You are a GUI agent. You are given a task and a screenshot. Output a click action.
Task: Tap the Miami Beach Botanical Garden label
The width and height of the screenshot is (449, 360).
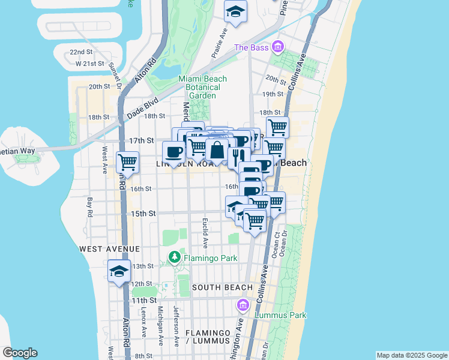(203, 87)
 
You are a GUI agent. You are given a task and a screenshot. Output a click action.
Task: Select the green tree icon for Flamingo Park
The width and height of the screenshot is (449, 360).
(175, 257)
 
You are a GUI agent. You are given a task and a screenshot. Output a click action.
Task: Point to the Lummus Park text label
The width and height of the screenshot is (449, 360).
(280, 315)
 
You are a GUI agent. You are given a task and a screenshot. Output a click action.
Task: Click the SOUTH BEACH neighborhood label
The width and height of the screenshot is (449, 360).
(222, 287)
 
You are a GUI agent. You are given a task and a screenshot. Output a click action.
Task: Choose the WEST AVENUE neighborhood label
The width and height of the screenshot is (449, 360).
(109, 248)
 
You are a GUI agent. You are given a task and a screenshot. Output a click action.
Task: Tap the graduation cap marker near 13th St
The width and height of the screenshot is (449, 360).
(119, 271)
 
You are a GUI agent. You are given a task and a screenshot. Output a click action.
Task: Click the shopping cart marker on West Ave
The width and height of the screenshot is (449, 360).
(128, 161)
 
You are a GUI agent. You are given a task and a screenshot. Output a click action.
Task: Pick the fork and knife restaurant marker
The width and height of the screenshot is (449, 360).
(238, 158)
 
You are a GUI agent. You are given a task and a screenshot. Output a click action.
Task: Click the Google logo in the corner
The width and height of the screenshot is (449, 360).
(20, 353)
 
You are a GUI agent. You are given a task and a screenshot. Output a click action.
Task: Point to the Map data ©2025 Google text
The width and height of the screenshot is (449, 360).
(411, 355)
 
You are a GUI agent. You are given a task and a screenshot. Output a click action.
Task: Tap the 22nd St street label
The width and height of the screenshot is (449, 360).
(80, 52)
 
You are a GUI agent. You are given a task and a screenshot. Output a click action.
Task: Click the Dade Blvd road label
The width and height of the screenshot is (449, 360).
(142, 108)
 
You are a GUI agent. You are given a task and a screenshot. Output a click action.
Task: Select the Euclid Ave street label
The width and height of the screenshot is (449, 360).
(205, 233)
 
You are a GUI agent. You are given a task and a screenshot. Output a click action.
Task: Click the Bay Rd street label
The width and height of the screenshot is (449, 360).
(90, 208)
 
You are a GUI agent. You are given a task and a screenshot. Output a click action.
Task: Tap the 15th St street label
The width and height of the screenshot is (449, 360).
(143, 214)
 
